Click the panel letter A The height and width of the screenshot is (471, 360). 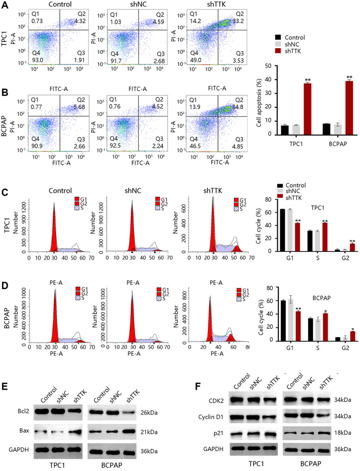4,5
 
